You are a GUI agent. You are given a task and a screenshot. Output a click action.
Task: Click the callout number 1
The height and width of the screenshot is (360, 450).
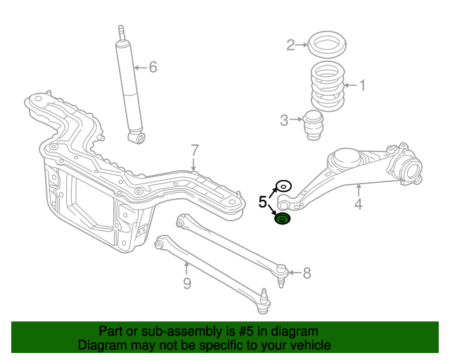click(363, 86)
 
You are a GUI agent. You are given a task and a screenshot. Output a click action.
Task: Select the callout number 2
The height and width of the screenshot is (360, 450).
click(290, 46)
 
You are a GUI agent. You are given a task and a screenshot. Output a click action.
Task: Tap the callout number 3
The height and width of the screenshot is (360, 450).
click(284, 120)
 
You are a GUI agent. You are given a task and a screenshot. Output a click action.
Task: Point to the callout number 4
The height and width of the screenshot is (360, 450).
click(358, 205)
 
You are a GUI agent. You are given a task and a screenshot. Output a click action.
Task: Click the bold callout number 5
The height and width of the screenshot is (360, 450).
click(262, 202)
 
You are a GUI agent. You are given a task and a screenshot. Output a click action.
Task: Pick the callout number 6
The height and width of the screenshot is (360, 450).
click(153, 67)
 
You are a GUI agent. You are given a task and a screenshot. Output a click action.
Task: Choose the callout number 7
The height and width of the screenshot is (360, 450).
click(195, 150)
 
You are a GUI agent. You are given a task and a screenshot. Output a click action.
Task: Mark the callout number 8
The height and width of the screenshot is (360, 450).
click(307, 273)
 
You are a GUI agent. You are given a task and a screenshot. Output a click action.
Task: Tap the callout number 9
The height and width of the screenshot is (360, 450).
click(186, 284)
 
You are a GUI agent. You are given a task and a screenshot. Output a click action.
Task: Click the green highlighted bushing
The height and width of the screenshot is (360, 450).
click(282, 220)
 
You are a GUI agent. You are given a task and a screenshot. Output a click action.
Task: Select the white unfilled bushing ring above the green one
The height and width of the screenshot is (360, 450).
click(283, 186)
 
